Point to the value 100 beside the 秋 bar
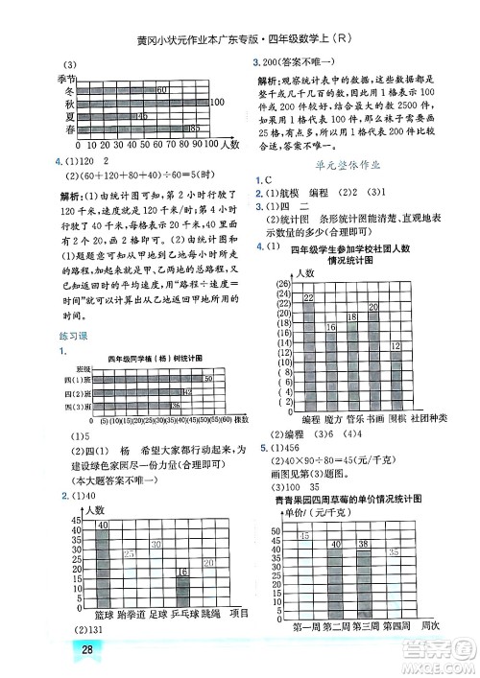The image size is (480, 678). (216, 102)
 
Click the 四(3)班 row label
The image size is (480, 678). (77, 406)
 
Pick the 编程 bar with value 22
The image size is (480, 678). (309, 354)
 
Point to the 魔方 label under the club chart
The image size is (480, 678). (332, 420)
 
